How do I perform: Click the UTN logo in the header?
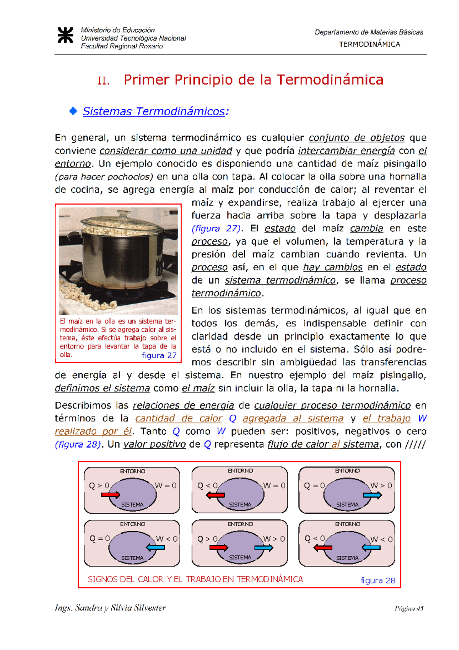coord(65,35)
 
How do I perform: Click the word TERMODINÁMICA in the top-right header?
coord(369,44)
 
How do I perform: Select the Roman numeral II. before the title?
coord(103,81)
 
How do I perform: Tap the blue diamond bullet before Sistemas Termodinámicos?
coord(73,111)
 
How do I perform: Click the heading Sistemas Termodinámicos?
coord(155,111)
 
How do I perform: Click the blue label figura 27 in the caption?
coord(159,355)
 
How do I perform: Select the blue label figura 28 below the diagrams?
coord(378,580)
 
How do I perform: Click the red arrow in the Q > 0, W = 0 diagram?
coord(111,495)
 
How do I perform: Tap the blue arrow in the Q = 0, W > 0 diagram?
coord(372,495)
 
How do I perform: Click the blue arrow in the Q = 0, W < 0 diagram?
coord(156,547)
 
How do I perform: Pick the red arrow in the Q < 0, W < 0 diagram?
coord(323,548)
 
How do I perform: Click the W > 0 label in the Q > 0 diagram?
coord(274,539)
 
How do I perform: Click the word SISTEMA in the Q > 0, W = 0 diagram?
coord(132,505)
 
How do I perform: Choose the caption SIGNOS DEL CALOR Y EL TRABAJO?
coord(195,579)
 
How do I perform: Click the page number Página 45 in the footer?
coord(409,608)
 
